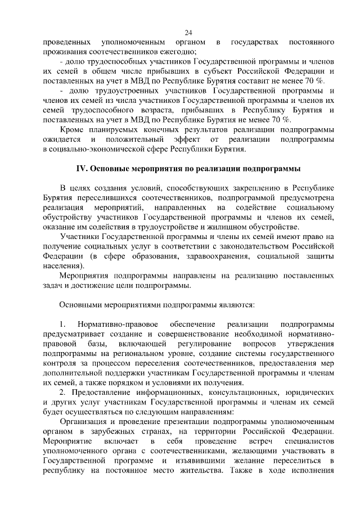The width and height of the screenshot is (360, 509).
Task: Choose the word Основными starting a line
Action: tap(82, 305)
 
